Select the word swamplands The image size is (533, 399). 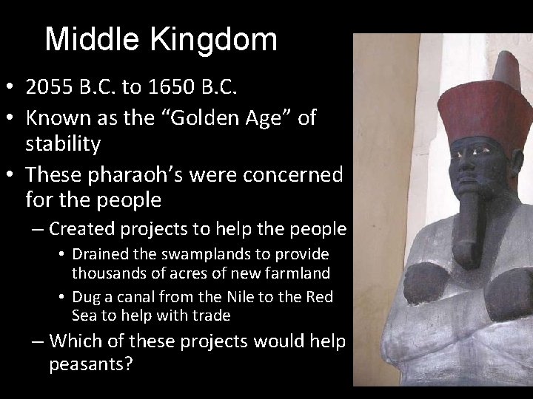pyautogui.click(x=206, y=253)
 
